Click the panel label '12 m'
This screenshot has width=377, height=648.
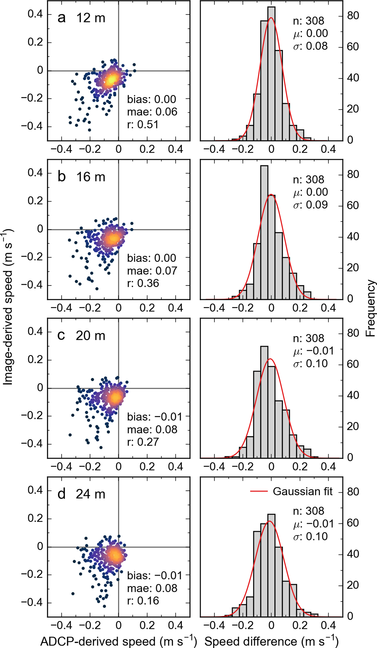pos(91,18)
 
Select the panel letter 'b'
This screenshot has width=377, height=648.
pos(62,177)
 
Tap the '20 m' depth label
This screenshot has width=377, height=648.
pos(90,336)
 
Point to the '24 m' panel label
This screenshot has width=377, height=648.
pos(90,494)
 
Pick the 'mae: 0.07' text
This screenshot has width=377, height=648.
pos(152,271)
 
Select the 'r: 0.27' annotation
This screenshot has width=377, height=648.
pos(143,442)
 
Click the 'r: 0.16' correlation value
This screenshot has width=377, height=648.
pos(143,601)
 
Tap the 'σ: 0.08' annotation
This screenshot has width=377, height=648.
pos(310,46)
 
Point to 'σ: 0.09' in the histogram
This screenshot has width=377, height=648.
pos(310,205)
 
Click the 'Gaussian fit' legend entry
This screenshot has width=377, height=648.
pos(303,492)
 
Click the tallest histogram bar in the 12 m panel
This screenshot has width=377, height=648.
pos(271,74)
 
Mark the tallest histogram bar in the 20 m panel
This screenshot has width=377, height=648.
pos(264,402)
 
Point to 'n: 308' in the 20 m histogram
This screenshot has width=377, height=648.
pos(309,339)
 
